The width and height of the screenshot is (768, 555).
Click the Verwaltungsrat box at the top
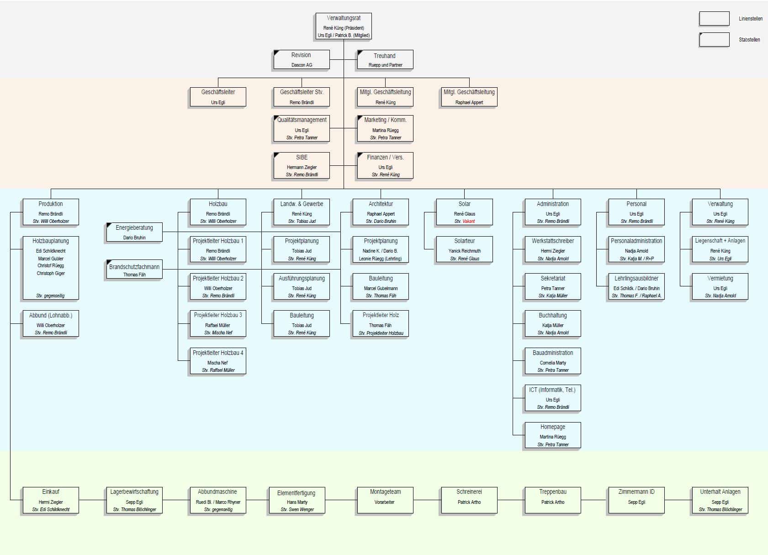pyautogui.click(x=344, y=26)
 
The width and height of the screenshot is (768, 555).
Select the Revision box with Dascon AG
pyautogui.click(x=302, y=59)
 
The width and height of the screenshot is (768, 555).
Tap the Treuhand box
pyautogui.click(x=385, y=60)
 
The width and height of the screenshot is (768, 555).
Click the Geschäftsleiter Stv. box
pyautogui.click(x=302, y=97)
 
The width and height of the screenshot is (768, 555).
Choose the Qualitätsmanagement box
pyautogui.click(x=302, y=128)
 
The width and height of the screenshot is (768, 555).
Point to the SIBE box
pyautogui.click(x=302, y=165)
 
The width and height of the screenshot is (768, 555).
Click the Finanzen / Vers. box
pyautogui.click(x=385, y=165)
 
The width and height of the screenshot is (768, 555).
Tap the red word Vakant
pyautogui.click(x=469, y=222)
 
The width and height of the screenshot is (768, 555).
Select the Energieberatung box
pyautogui.click(x=134, y=232)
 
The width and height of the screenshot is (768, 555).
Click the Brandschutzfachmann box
pyautogui.click(x=134, y=270)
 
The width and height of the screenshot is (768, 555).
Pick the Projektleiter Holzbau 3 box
pyautogui.click(x=218, y=323)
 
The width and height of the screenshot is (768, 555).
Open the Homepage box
pyautogui.click(x=553, y=435)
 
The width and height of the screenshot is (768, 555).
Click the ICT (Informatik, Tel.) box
pyautogui.click(x=553, y=398)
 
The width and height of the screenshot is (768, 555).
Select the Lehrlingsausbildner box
pyautogui.click(x=636, y=286)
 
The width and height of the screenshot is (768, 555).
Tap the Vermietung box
pyautogui.click(x=720, y=286)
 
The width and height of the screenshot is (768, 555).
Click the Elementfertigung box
pyautogui.click(x=297, y=501)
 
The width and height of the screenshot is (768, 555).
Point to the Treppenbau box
pyautogui.click(x=553, y=500)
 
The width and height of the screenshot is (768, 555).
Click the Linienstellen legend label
pyautogui.click(x=751, y=19)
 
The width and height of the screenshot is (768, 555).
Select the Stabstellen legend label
pyautogui.click(x=750, y=40)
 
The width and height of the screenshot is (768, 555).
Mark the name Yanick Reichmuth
pyautogui.click(x=465, y=251)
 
